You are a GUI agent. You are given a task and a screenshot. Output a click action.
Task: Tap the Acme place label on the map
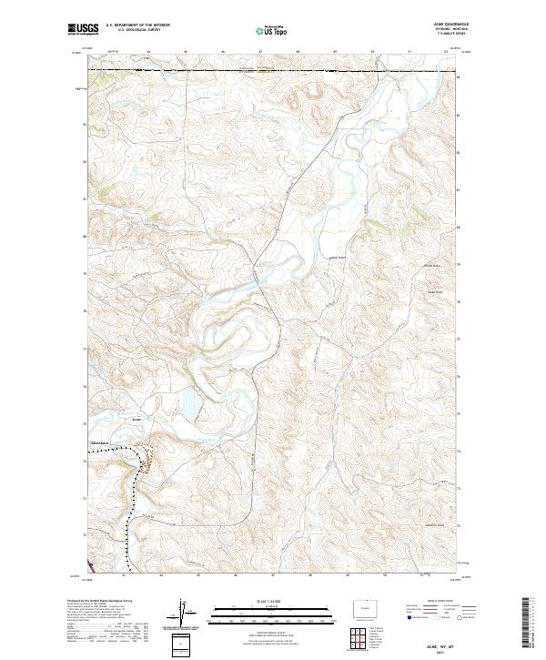136,419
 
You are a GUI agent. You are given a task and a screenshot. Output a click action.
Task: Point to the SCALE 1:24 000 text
271,598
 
